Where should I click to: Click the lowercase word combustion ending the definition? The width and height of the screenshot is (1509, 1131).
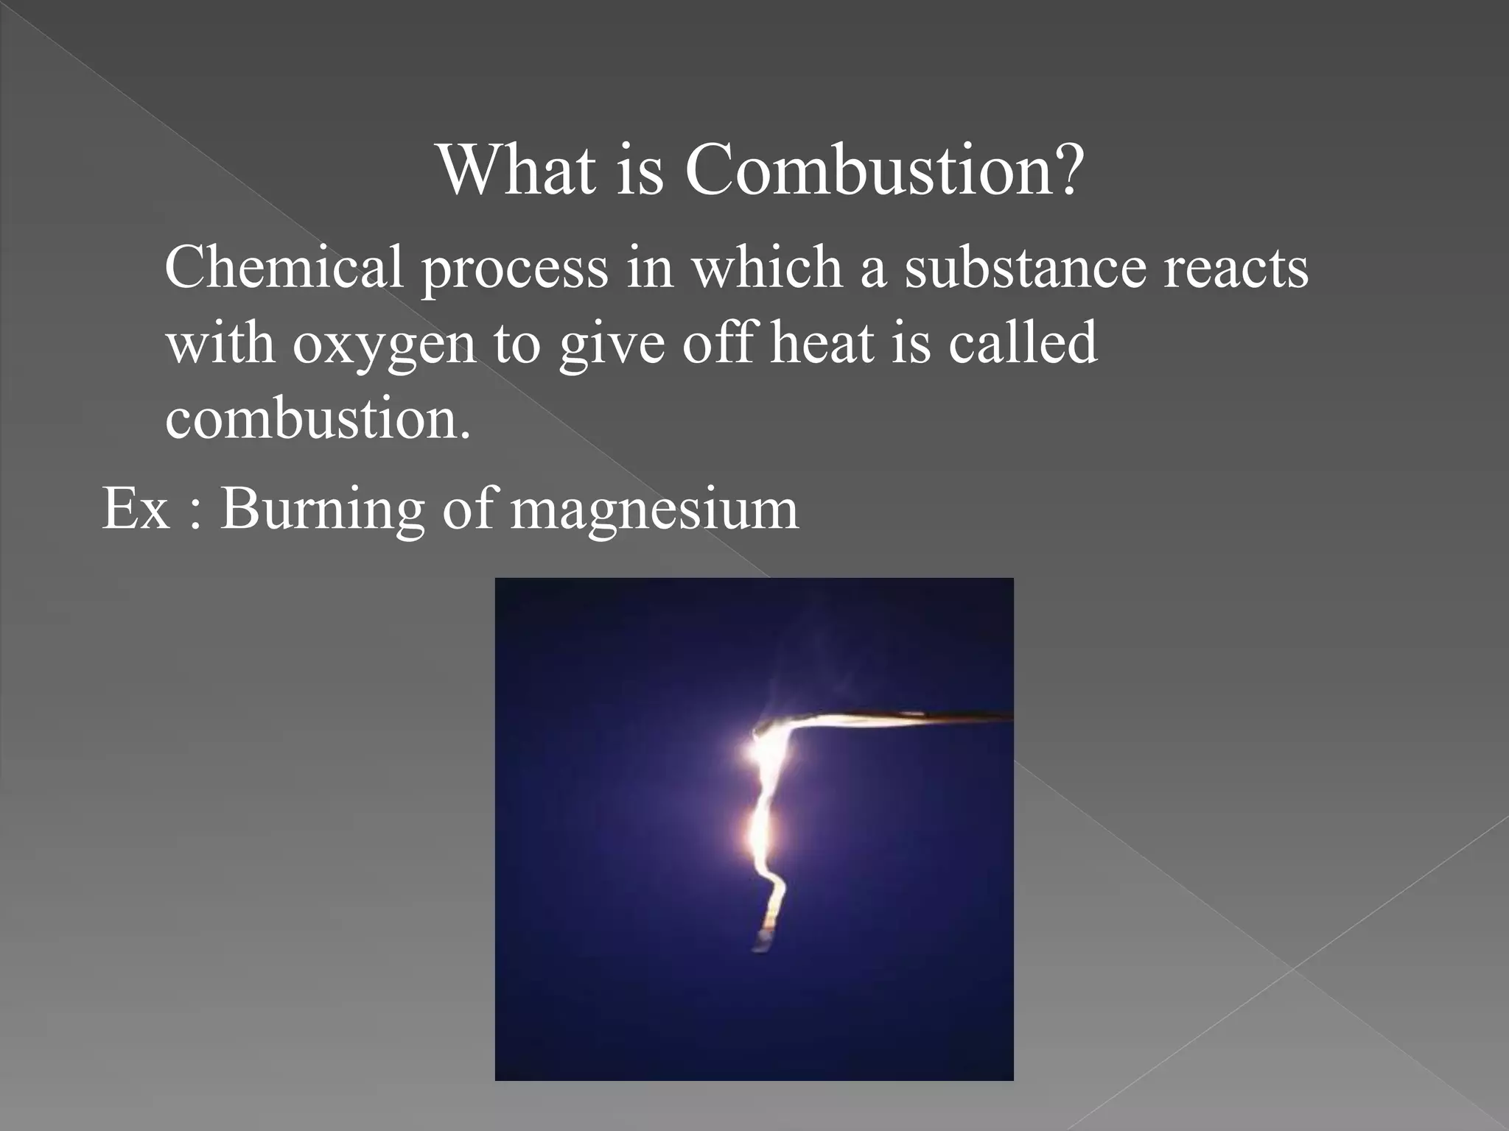(x=317, y=418)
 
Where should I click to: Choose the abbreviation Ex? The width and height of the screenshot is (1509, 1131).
(x=136, y=508)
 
